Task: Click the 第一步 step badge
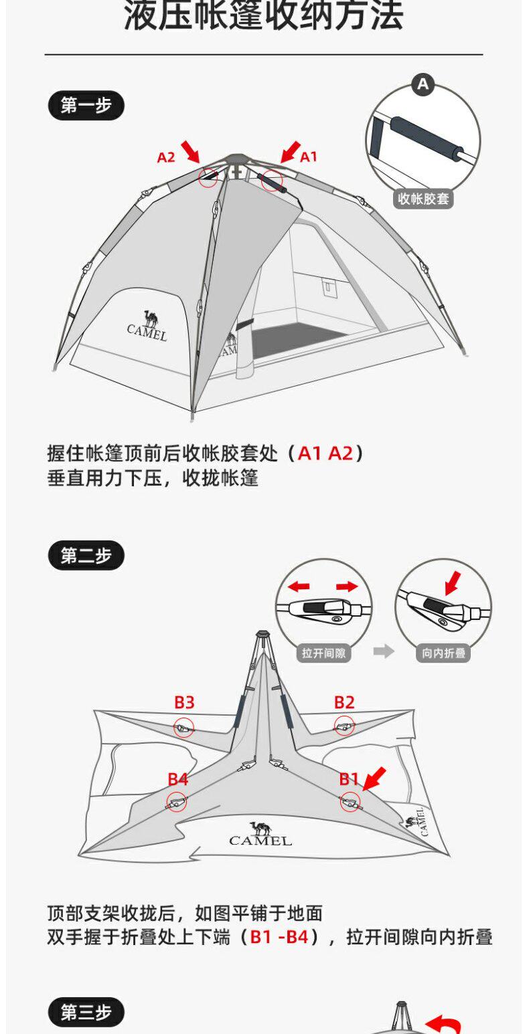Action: [x=86, y=106]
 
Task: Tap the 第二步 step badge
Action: [x=86, y=555]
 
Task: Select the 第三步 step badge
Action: [x=86, y=1013]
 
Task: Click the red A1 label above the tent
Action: [x=308, y=157]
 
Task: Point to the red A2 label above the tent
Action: [x=166, y=158]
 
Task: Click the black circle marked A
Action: [x=423, y=85]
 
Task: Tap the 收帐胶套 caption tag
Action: [x=423, y=199]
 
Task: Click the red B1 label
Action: [x=349, y=779]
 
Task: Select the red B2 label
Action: [x=344, y=702]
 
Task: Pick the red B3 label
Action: [x=184, y=702]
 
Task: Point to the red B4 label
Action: [x=177, y=779]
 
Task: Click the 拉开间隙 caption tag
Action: [x=323, y=653]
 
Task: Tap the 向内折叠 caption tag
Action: [x=443, y=653]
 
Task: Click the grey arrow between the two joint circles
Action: [x=384, y=651]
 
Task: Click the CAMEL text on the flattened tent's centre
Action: [x=260, y=840]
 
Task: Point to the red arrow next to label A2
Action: [x=190, y=151]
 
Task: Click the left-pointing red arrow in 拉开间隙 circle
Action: [x=299, y=587]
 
